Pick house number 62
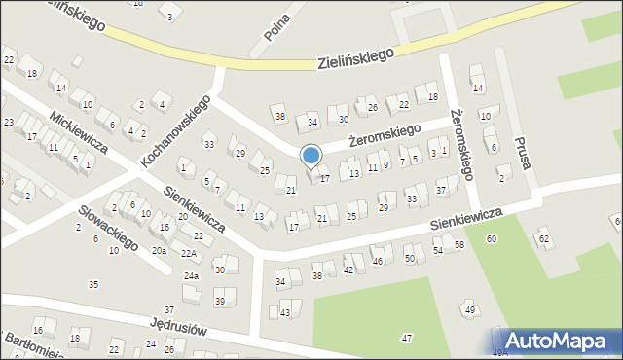543,238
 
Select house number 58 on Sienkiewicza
458,245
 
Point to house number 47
406,338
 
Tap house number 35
93,284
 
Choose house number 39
220,302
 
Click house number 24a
192,276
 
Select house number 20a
159,250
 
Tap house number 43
285,312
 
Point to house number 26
372,107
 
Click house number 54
438,251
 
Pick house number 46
377,262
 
